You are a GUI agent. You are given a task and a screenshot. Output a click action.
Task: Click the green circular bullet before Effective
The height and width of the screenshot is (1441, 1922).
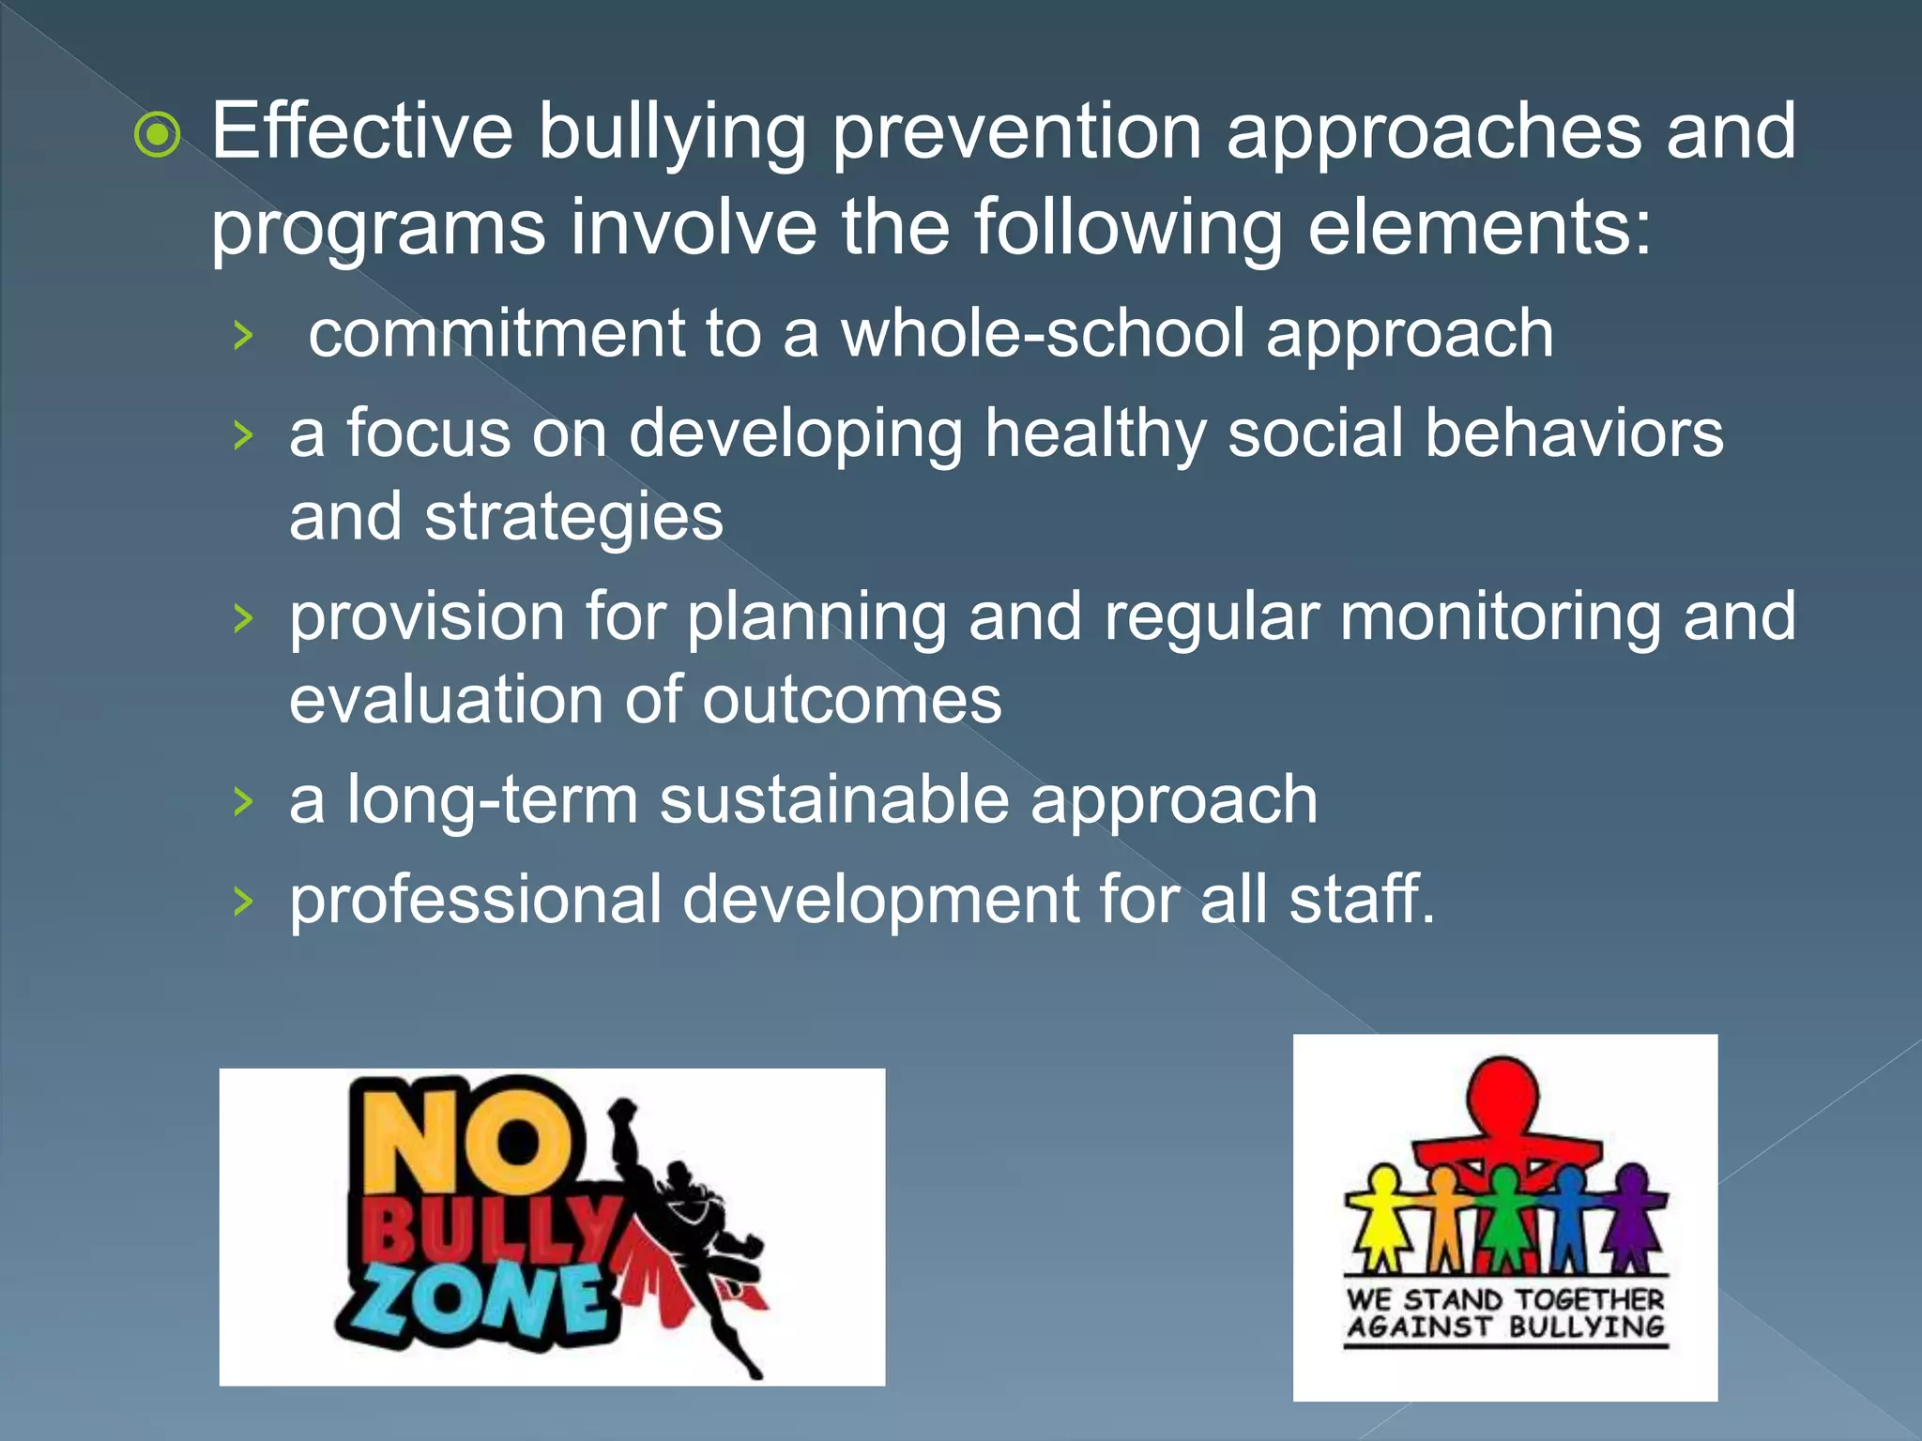click(x=158, y=136)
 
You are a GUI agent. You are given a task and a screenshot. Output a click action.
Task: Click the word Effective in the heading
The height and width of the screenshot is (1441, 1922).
click(x=362, y=131)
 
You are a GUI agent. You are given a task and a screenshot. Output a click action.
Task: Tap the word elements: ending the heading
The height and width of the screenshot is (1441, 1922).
click(x=1479, y=228)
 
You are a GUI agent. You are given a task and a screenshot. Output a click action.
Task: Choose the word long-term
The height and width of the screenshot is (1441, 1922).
click(x=492, y=800)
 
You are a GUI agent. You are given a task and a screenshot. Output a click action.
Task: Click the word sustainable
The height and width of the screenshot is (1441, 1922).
click(x=834, y=800)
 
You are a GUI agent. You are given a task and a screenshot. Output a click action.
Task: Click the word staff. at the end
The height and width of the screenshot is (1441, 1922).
click(x=1362, y=899)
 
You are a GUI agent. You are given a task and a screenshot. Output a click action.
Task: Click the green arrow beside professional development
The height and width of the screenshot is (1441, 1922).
click(x=244, y=902)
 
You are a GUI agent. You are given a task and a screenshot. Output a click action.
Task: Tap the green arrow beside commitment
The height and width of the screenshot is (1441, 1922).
click(x=244, y=335)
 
